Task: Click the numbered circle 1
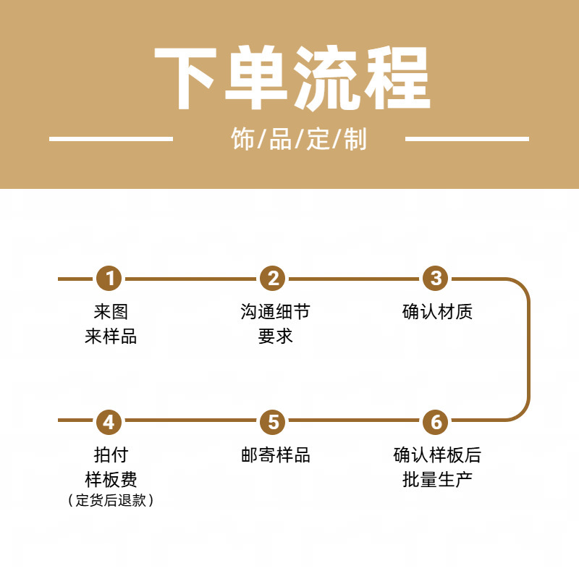(x=110, y=279)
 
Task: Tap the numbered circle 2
(x=273, y=279)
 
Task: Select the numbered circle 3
(x=436, y=279)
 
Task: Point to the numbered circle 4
(x=110, y=421)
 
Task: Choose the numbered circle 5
(x=273, y=421)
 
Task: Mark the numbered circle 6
(x=436, y=421)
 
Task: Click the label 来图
(x=111, y=312)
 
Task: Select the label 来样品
(x=111, y=337)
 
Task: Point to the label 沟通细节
(x=275, y=312)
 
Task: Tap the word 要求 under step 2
(x=275, y=337)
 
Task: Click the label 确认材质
(x=437, y=312)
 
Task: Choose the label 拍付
(x=111, y=455)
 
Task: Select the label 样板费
(x=111, y=479)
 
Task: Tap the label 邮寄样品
(x=275, y=455)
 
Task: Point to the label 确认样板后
(x=437, y=455)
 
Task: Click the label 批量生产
(x=437, y=479)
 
